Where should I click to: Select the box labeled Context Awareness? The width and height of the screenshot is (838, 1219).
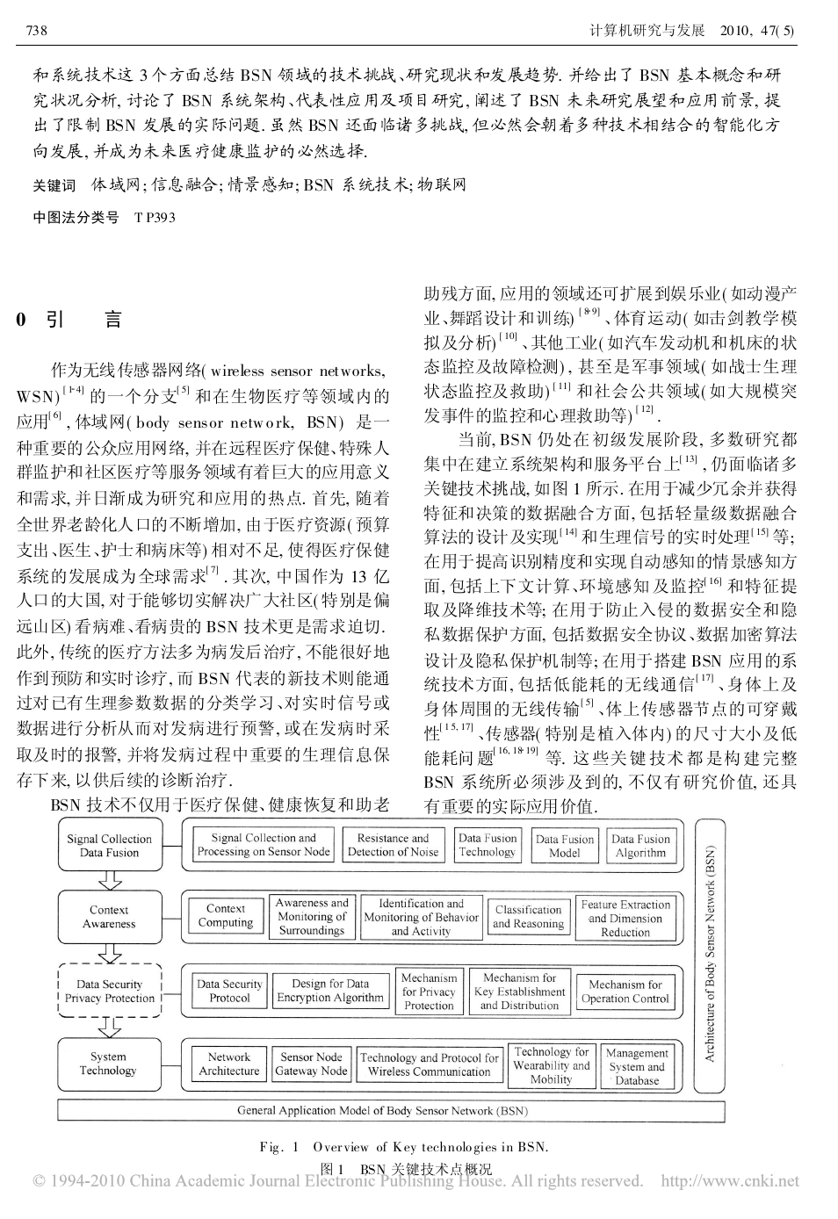click(x=110, y=917)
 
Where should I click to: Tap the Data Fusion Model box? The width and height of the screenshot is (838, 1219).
click(x=564, y=845)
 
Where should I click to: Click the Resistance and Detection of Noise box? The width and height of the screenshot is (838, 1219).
click(x=393, y=845)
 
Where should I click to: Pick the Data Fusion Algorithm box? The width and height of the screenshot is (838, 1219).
click(x=640, y=845)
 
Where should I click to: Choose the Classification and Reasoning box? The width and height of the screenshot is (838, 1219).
click(x=528, y=917)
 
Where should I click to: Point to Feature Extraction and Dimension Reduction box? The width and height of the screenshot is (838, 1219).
click(x=625, y=918)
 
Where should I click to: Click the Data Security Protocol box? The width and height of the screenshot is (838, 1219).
click(x=229, y=991)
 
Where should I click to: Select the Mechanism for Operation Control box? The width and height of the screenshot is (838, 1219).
click(x=625, y=992)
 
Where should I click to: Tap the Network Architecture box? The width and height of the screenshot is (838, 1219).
click(x=229, y=1064)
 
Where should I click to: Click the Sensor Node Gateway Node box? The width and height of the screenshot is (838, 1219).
click(x=311, y=1064)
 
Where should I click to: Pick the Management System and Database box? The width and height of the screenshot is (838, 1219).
click(x=637, y=1066)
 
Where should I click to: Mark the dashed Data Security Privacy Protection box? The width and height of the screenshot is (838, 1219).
click(x=110, y=991)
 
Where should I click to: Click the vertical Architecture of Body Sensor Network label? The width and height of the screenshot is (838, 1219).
click(x=710, y=954)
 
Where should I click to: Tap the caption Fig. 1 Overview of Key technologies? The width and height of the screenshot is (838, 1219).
click(x=404, y=1147)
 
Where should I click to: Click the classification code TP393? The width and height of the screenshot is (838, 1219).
click(x=155, y=218)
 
